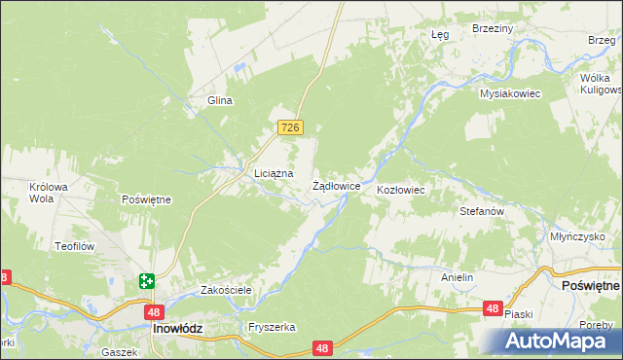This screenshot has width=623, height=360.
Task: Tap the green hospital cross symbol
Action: point(146,281)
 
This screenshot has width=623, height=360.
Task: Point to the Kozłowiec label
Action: point(400,189)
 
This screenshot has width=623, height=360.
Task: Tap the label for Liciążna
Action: point(260,173)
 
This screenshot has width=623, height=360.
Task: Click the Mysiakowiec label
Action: point(509,93)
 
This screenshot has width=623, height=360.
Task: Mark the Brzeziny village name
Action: point(492,29)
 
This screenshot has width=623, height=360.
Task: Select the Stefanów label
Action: point(481,210)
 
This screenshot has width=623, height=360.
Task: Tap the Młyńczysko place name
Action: point(576,236)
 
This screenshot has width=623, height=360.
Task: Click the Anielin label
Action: point(457,277)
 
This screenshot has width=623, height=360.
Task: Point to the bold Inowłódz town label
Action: point(178,329)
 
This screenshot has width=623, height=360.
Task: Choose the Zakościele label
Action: point(226,290)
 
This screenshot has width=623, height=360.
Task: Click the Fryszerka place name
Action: point(272,328)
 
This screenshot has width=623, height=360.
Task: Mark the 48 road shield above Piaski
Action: point(493,308)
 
